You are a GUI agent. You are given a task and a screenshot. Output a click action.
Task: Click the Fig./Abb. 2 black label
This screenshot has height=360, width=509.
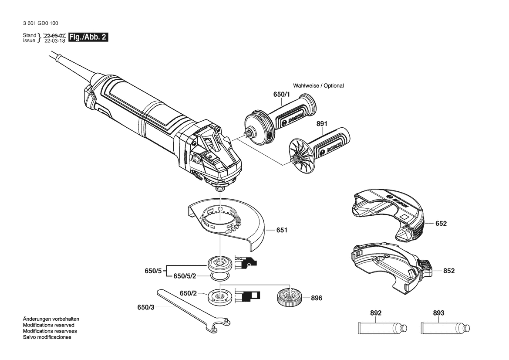pos(88,37)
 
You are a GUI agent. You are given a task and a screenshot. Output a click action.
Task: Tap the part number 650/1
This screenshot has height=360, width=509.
pos(281,95)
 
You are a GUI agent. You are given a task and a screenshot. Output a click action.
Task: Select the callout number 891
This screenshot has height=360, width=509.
pos(322,124)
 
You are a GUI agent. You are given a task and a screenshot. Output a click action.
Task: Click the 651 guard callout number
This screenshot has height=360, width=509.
pos(282,230)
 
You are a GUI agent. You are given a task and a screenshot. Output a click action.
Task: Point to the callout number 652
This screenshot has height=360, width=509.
pos(441,224)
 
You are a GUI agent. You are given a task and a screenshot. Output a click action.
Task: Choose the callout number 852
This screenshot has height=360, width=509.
pos(448,271)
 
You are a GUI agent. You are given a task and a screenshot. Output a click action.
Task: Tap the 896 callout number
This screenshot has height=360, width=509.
pos(317,298)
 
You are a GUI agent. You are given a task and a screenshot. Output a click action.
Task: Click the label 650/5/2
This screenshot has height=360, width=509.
pos(185,276)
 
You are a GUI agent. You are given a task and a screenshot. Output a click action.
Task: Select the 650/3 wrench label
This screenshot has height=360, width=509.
pos(146,307)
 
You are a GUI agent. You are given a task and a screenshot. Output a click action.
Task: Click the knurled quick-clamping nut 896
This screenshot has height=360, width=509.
pos(290,296)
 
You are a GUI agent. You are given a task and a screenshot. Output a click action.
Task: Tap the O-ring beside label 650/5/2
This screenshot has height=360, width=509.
pos(220,276)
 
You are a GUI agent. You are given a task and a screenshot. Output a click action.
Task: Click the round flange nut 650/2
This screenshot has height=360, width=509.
pos(220,296)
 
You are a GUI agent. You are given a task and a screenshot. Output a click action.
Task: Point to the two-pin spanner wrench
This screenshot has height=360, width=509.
pos(193,311)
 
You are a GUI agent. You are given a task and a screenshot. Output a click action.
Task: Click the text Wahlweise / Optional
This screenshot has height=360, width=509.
pos(318,86)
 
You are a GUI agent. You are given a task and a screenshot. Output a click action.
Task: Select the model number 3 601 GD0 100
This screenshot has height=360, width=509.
pos(40,24)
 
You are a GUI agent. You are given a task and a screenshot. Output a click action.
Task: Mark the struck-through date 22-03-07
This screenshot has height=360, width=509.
pos(55,35)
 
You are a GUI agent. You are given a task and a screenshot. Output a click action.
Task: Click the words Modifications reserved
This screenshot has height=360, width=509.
pos(49,325)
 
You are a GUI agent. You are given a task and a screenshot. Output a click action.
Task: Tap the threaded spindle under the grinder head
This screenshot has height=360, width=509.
pos(220,188)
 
